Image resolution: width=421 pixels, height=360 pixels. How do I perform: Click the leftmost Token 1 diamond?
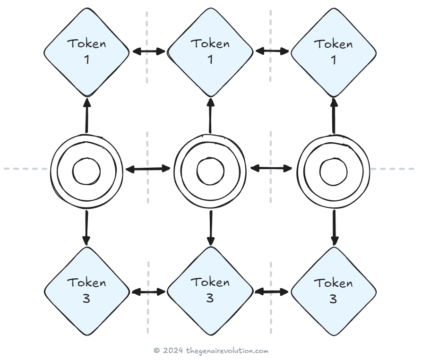click(86, 51)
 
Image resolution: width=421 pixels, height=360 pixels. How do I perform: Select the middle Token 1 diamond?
click(210, 51)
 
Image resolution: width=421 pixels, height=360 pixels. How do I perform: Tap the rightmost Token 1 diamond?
click(334, 51)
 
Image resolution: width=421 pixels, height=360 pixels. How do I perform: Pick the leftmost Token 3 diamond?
click(86, 291)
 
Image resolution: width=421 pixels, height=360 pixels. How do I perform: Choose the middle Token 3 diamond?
click(210, 291)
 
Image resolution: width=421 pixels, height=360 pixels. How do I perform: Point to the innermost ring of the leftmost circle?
click(86, 171)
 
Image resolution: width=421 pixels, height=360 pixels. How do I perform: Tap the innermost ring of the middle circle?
click(210, 171)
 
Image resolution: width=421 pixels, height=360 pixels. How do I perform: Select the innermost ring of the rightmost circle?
click(334, 171)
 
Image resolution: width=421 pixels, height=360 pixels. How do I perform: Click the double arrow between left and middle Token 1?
click(148, 51)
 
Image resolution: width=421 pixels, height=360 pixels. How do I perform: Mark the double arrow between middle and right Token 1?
click(272, 51)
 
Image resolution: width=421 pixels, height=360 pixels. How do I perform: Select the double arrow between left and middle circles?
click(148, 168)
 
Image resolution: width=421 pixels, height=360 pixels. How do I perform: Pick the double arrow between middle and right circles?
click(272, 168)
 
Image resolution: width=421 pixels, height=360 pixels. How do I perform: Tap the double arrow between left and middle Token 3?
click(148, 292)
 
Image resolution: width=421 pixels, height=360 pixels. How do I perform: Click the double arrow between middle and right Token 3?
click(272, 292)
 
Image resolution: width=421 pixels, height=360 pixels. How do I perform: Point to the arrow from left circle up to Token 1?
click(86, 115)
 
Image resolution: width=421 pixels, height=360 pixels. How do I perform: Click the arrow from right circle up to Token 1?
click(334, 115)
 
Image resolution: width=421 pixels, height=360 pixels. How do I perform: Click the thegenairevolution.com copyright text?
click(211, 351)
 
